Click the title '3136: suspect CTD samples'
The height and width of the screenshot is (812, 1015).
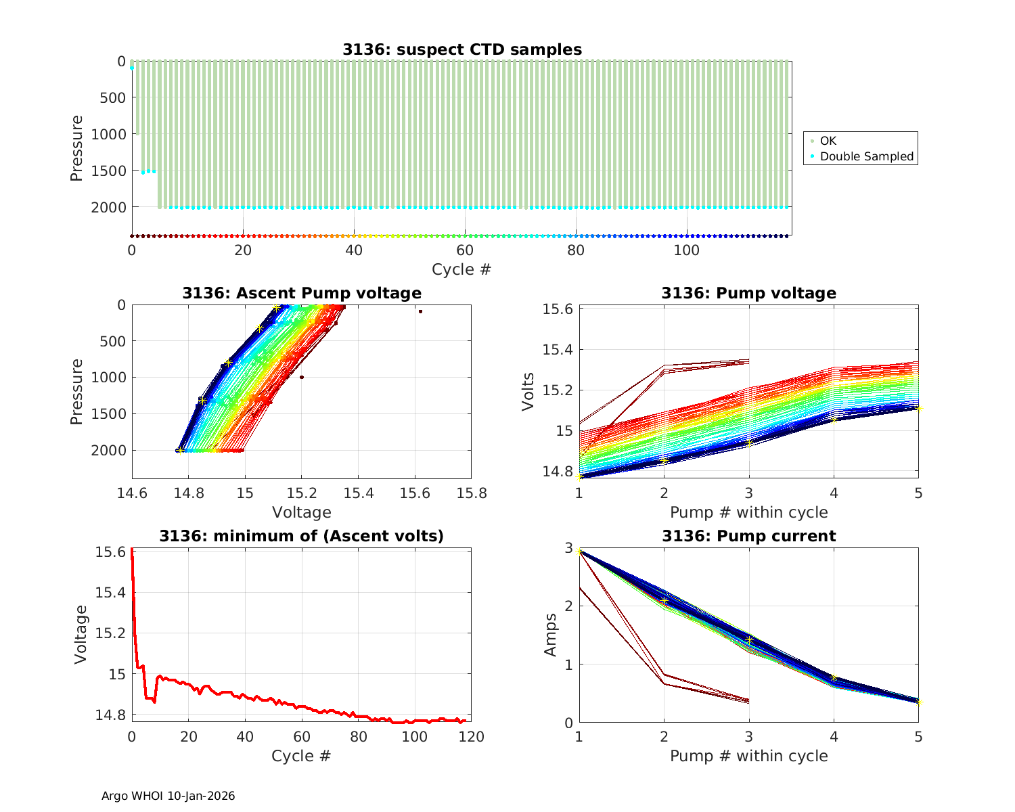point(461,49)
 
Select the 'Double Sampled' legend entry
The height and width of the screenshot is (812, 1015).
point(866,156)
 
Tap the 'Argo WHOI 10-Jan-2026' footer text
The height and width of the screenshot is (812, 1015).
point(168,796)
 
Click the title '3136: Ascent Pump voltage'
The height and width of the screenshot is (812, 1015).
point(301,293)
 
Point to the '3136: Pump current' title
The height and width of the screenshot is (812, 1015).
point(748,536)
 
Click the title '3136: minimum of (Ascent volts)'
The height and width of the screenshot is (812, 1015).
point(301,536)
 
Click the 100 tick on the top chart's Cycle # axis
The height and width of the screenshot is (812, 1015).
point(687,250)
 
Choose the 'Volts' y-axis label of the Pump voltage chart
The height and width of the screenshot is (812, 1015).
point(528,391)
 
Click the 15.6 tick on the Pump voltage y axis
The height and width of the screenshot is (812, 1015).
point(558,309)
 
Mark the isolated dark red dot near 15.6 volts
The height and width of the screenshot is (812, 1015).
point(420,311)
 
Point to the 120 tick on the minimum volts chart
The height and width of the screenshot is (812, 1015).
point(471,736)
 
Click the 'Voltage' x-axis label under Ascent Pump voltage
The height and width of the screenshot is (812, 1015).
point(301,512)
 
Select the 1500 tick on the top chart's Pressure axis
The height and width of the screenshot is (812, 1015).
point(108,171)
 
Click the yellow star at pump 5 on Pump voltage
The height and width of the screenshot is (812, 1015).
point(918,408)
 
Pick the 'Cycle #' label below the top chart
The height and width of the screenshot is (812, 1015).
point(461,269)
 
